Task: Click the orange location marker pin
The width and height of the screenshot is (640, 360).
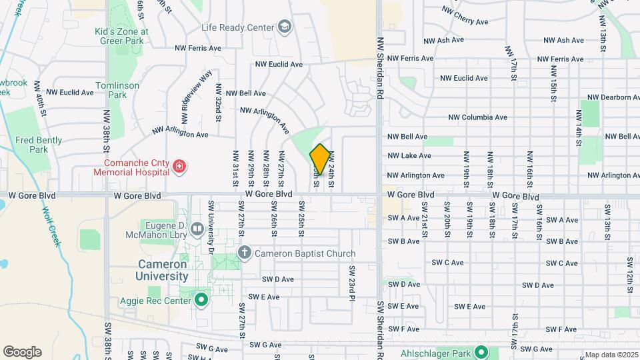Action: (320, 159)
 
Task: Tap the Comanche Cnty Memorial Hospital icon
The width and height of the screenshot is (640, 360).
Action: (179, 167)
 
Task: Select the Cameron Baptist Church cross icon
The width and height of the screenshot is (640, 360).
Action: (245, 253)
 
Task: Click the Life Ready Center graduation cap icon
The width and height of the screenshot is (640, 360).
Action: (285, 27)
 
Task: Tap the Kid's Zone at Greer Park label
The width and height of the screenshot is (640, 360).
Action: (121, 35)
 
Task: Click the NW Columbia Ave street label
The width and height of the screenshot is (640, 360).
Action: (477, 117)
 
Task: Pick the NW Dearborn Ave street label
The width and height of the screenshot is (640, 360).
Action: (609, 97)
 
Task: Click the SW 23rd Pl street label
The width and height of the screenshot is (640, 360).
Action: (351, 281)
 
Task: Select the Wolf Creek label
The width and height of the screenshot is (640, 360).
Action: (51, 226)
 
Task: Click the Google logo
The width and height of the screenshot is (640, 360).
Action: (22, 351)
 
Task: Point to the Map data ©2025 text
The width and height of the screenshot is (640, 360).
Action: (611, 355)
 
